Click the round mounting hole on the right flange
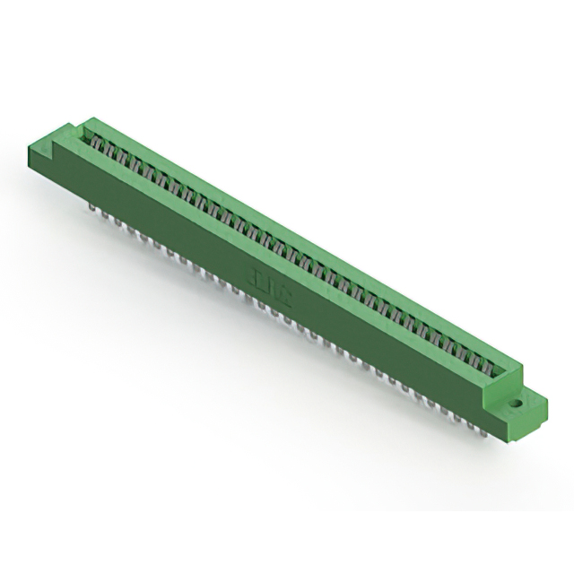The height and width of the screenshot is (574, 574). [x=517, y=403]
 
